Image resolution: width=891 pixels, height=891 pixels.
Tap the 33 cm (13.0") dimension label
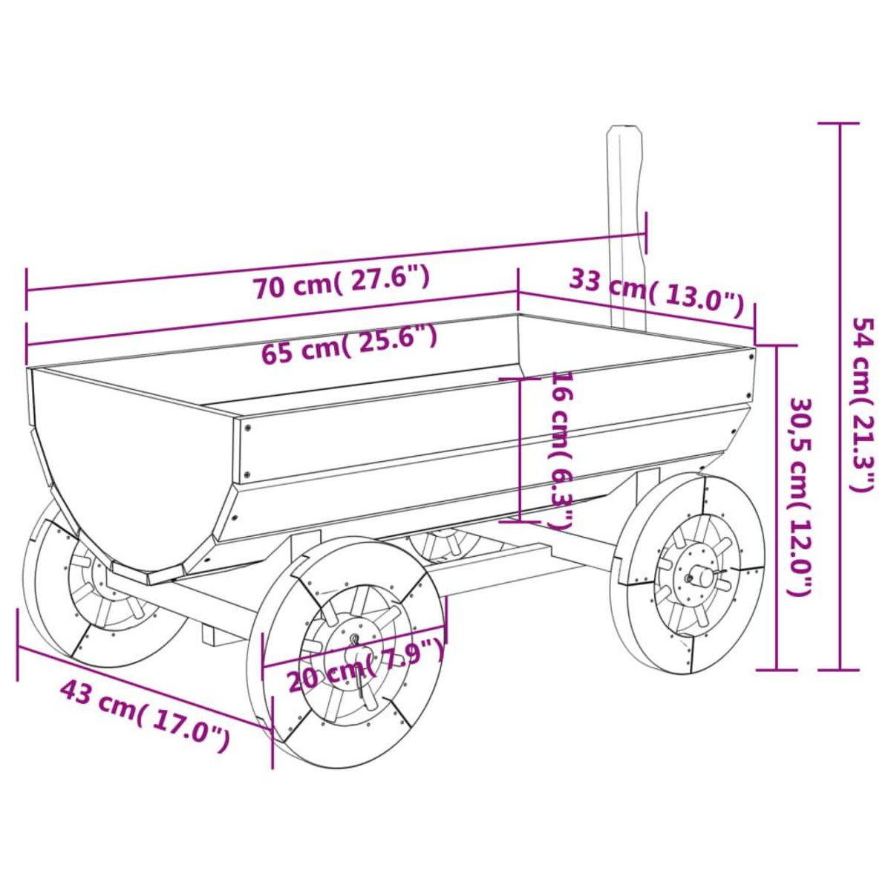[x=656, y=290]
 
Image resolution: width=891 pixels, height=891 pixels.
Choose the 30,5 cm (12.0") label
[x=800, y=496]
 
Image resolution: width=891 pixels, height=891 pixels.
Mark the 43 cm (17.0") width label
[x=145, y=714]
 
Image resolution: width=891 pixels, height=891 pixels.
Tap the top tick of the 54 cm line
[x=840, y=123]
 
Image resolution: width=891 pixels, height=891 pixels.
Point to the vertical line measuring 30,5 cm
[x=777, y=508]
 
